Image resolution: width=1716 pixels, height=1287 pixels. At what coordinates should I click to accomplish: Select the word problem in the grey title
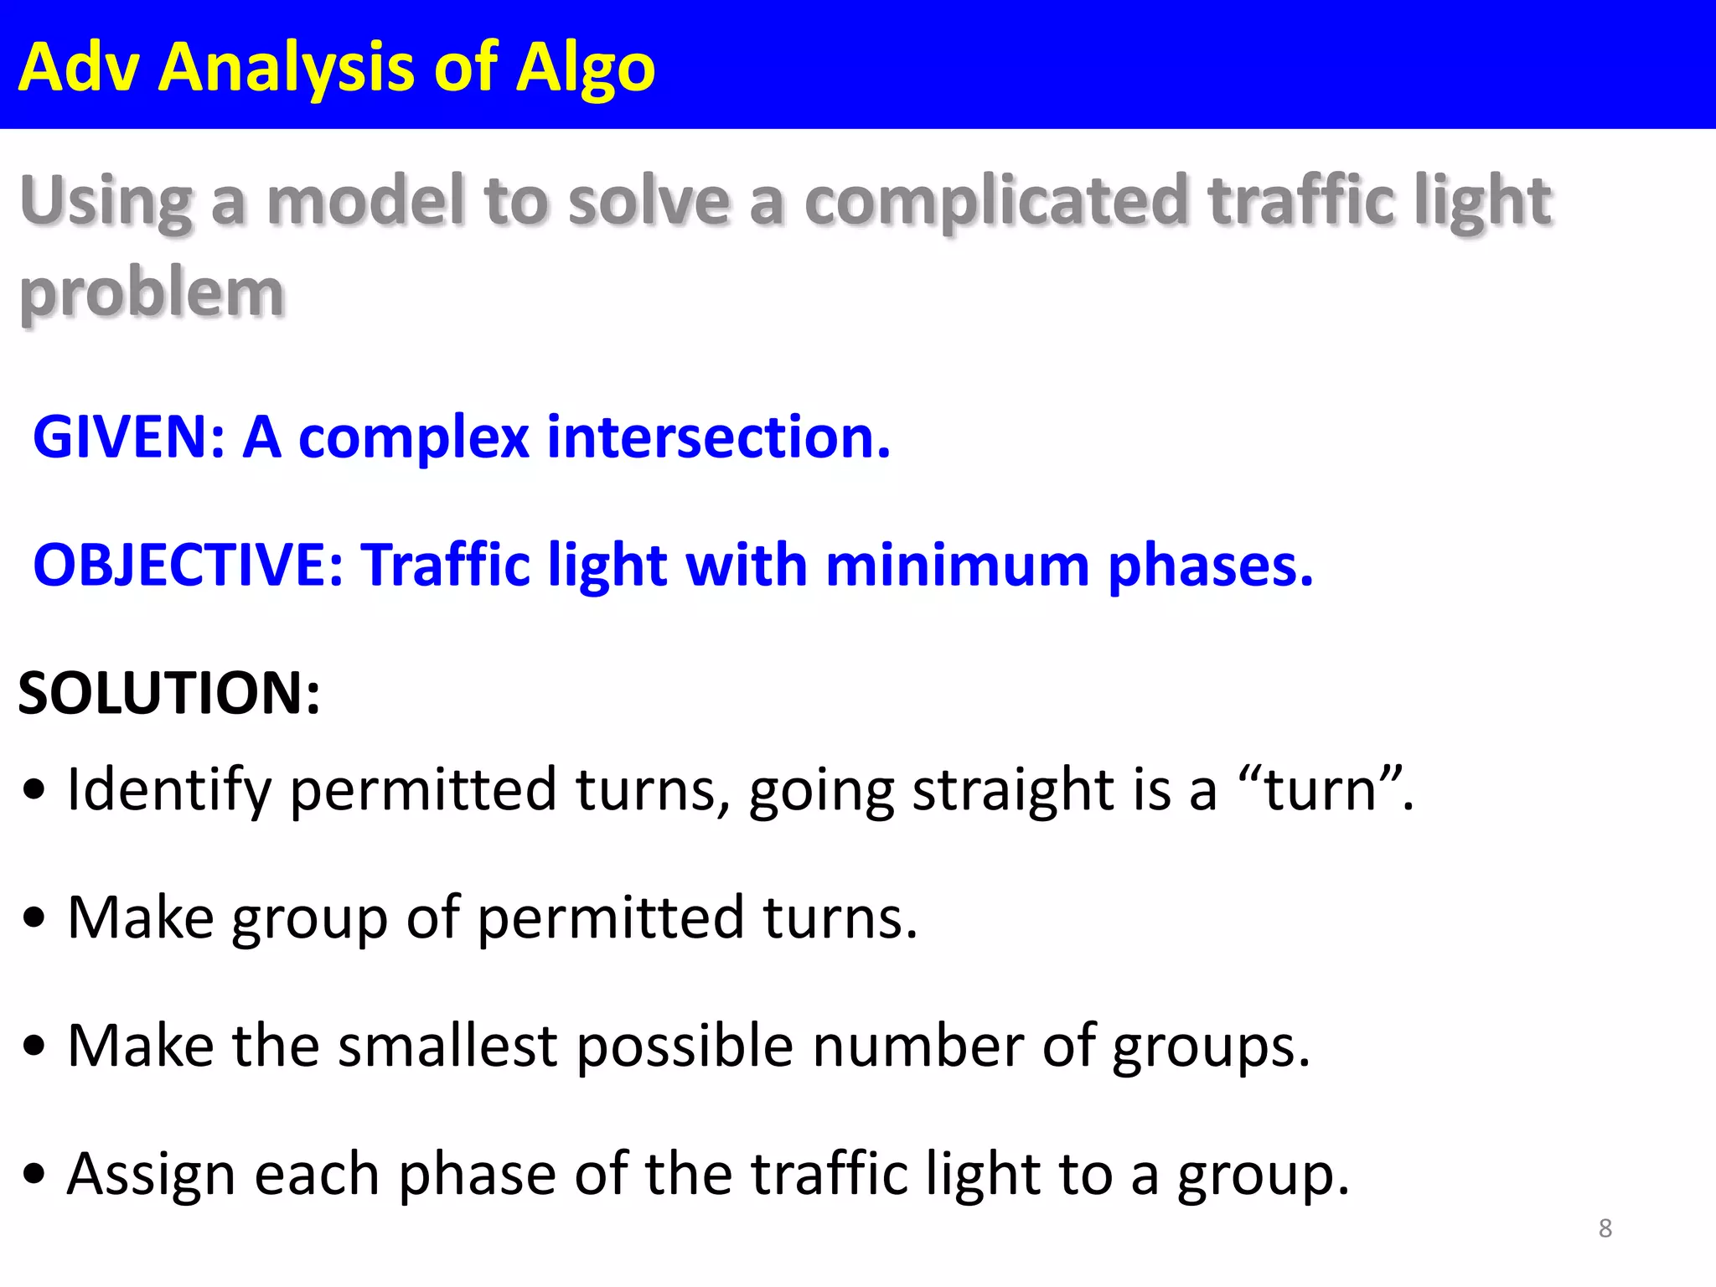(x=152, y=295)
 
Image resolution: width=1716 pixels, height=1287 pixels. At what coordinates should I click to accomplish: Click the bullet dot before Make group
(x=34, y=918)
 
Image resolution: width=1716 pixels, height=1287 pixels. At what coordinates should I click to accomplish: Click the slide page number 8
(x=1605, y=1228)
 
